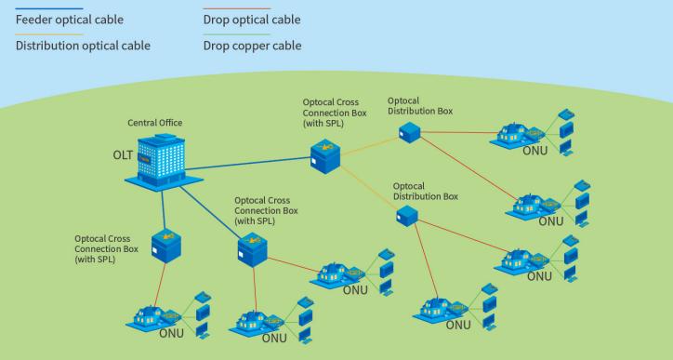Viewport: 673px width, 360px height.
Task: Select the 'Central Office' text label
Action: pos(154,122)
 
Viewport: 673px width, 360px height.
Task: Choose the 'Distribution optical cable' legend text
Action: pos(84,45)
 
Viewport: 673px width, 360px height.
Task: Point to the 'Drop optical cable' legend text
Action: pos(251,19)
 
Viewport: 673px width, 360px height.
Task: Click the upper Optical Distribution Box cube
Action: pos(408,132)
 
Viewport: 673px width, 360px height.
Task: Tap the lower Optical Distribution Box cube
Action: pos(406,215)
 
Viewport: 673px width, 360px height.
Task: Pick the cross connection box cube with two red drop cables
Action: pos(251,248)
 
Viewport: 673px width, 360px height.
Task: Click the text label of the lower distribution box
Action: pos(425,191)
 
